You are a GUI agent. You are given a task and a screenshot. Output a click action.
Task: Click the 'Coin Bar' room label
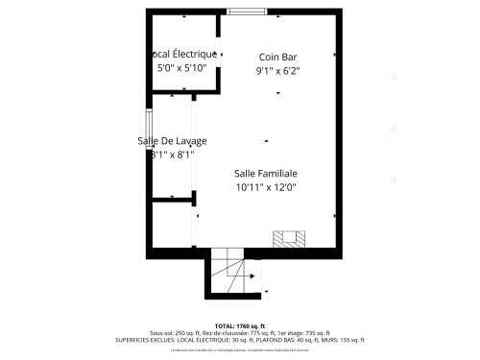pyautogui.click(x=276, y=57)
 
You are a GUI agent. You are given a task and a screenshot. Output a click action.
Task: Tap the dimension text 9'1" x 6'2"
pyautogui.click(x=276, y=71)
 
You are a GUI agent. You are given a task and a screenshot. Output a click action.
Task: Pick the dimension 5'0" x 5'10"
pyautogui.click(x=181, y=68)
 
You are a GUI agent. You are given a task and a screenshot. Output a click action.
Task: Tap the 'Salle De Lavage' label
pyautogui.click(x=172, y=141)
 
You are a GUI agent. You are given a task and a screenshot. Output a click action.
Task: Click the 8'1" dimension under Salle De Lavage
pyautogui.click(x=173, y=155)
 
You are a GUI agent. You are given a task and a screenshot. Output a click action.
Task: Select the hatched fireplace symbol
pyautogui.click(x=289, y=237)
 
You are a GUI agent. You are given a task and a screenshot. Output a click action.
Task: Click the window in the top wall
pyautogui.click(x=247, y=12)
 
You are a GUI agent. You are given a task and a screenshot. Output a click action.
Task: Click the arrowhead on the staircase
pyautogui.click(x=252, y=277)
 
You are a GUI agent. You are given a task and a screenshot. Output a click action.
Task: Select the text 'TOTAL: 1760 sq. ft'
pyautogui.click(x=239, y=325)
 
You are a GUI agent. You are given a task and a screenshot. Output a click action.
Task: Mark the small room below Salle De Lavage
pyautogui.click(x=172, y=223)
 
